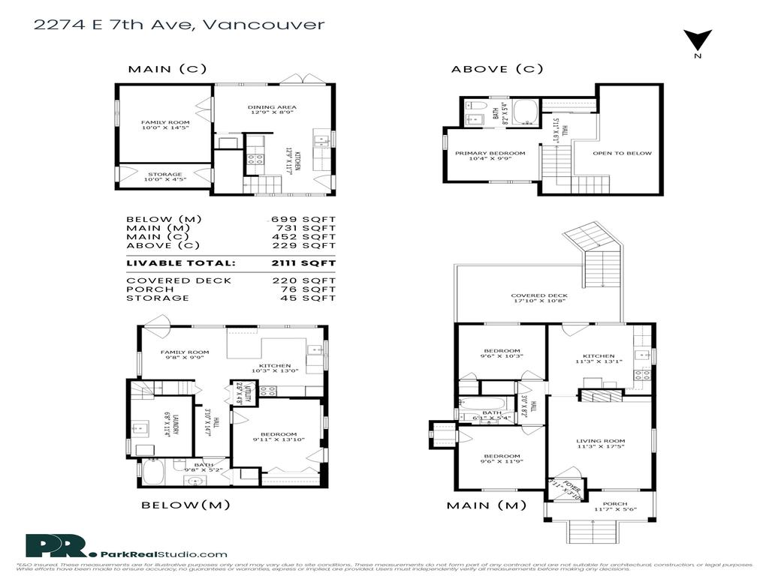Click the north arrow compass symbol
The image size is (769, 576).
coord(697,41)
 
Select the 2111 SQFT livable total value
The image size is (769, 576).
coord(303,263)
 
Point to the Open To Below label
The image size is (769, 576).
coord(622,153)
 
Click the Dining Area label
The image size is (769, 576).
coord(272,110)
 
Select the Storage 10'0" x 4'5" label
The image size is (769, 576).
coord(164,177)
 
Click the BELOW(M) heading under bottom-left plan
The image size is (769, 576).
coord(185,505)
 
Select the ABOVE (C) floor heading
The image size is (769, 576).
coord(496,69)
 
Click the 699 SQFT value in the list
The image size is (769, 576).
coord(303,219)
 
